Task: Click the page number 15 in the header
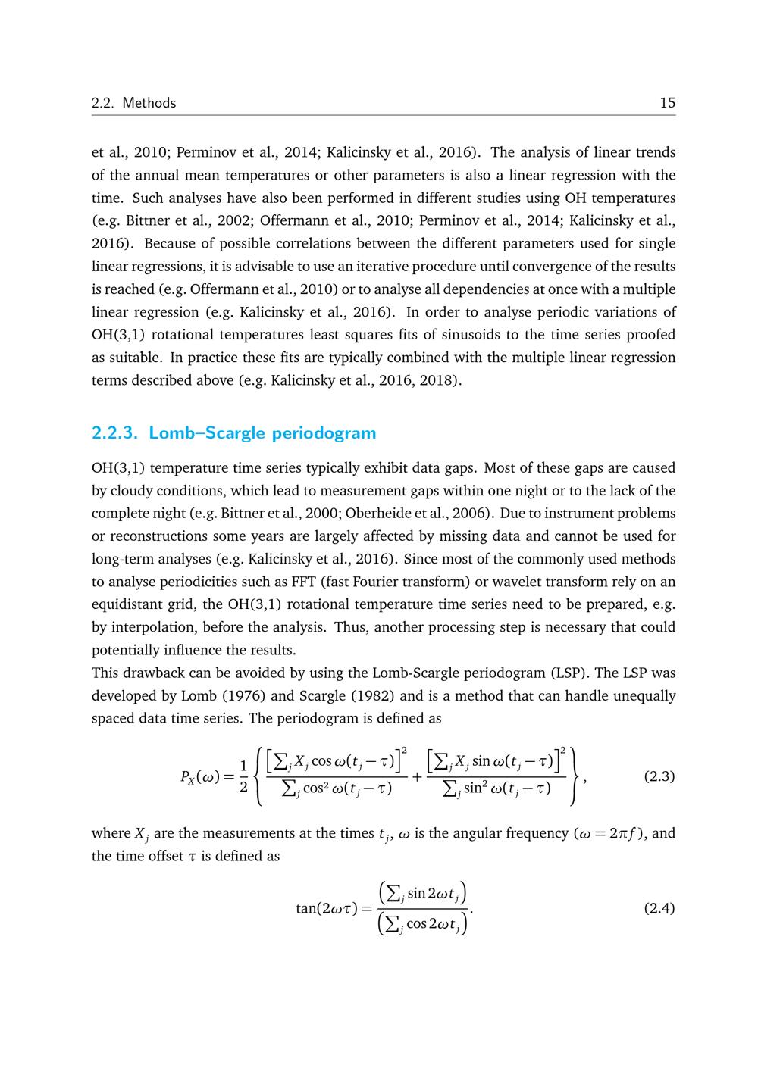[x=667, y=103]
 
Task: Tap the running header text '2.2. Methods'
[x=133, y=103]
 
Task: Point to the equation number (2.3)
[x=659, y=777]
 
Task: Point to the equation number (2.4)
[x=659, y=908]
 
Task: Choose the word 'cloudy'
[x=131, y=490]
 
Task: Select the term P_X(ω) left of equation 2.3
[x=199, y=777]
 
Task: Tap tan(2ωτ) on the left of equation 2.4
[x=326, y=908]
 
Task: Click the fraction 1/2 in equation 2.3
[x=243, y=777]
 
